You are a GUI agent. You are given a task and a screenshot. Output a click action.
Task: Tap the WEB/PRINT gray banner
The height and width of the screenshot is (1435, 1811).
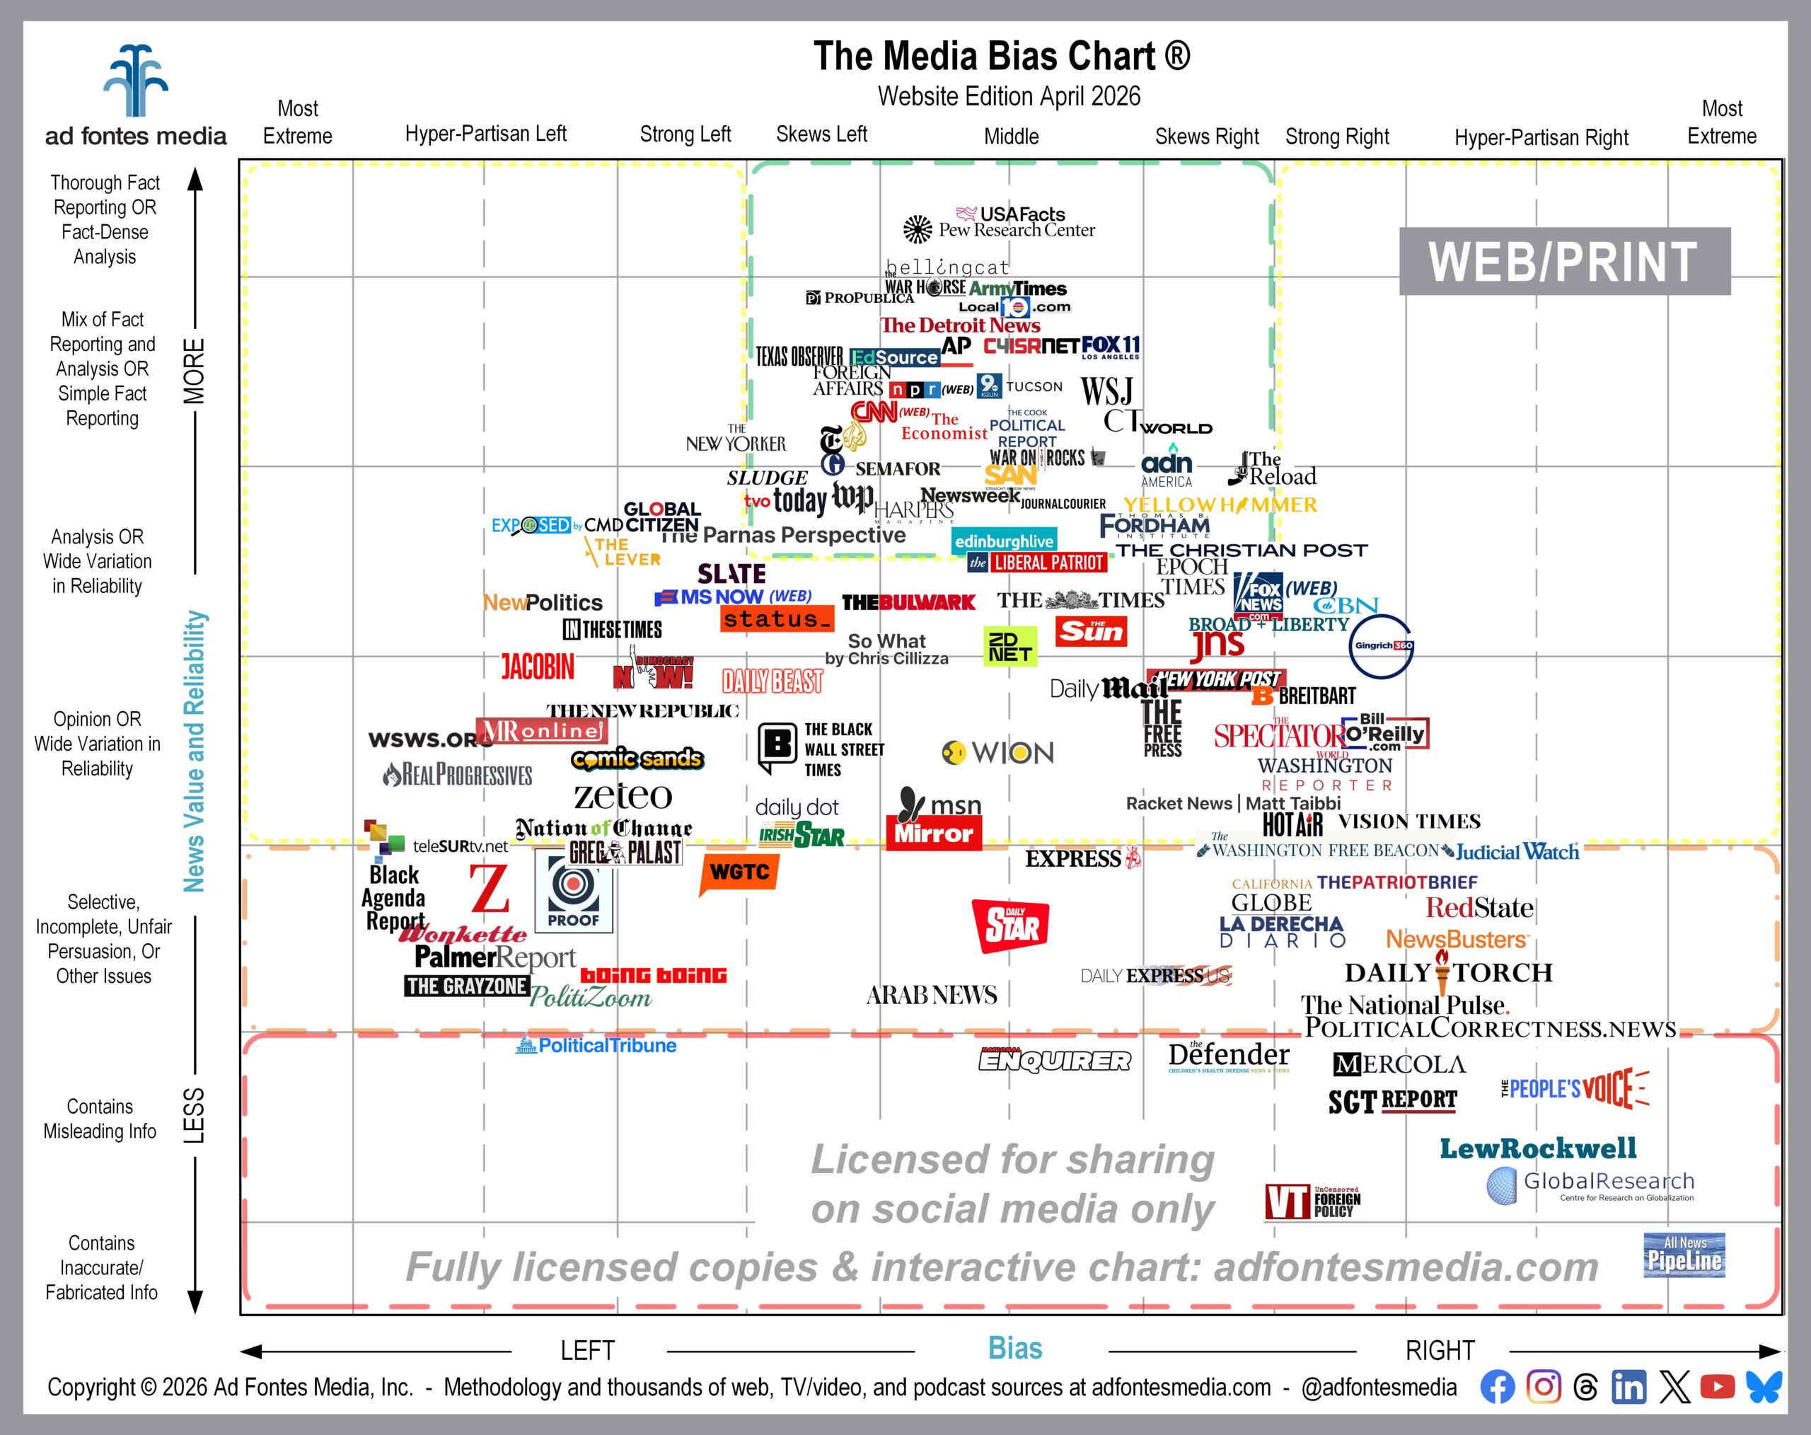(1564, 261)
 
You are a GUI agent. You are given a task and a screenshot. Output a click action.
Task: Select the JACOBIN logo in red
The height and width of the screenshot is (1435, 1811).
(538, 667)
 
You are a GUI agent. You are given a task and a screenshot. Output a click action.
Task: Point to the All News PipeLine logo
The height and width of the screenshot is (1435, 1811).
(1684, 1255)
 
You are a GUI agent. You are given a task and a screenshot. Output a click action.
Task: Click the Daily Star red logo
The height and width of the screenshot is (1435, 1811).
(1010, 925)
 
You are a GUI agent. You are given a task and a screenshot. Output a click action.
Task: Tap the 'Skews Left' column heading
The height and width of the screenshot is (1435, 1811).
(821, 134)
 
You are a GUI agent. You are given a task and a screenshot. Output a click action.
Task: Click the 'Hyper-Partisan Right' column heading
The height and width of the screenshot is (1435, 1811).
(1541, 138)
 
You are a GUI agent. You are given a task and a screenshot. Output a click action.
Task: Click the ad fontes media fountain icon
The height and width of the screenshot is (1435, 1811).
(135, 81)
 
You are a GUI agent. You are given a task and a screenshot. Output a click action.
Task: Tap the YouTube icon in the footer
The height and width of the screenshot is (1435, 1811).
(1717, 1387)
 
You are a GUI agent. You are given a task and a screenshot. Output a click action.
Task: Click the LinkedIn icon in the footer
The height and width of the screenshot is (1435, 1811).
(1628, 1387)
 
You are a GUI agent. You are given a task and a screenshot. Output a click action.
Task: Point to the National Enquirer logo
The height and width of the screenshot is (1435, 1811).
(1054, 1060)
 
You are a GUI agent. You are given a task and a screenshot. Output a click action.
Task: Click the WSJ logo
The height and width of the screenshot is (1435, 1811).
(1106, 391)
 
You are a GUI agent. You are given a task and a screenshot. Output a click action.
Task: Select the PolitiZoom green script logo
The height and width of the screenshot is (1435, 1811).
(591, 997)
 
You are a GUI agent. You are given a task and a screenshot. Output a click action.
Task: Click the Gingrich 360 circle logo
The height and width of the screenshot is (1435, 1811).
(1382, 646)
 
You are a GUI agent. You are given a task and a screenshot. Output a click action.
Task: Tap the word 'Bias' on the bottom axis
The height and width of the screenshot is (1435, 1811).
(1014, 1349)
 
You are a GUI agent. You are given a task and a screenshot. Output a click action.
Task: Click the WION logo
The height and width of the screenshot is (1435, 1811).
(998, 752)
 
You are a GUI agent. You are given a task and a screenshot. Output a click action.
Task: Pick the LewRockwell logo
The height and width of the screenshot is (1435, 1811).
(1538, 1148)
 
